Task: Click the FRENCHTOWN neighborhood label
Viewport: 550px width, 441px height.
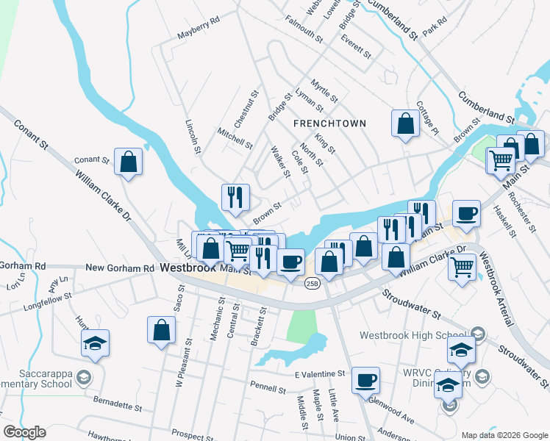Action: point(329,123)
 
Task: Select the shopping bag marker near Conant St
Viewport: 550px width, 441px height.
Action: point(129,162)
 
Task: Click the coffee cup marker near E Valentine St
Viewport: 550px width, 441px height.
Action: point(365,381)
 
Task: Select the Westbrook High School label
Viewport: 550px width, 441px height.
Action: point(415,335)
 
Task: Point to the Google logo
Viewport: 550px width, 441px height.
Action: point(24,432)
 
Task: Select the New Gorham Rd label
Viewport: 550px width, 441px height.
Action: point(119,268)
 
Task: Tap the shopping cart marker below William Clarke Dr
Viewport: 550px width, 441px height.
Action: point(461,266)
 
